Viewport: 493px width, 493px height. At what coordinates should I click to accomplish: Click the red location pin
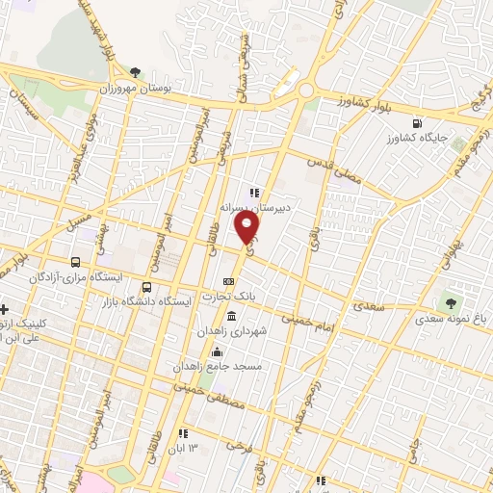(248, 227)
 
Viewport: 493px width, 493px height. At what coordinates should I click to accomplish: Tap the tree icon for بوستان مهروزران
(136, 72)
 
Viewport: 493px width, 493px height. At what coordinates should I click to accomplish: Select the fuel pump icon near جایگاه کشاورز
(416, 123)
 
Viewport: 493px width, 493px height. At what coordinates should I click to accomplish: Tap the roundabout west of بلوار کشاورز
(307, 91)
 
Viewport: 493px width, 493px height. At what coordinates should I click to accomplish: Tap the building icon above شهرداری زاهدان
(230, 316)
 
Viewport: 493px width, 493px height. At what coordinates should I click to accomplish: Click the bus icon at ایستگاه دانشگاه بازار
(146, 287)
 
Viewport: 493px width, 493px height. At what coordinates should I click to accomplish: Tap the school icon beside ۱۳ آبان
(182, 433)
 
